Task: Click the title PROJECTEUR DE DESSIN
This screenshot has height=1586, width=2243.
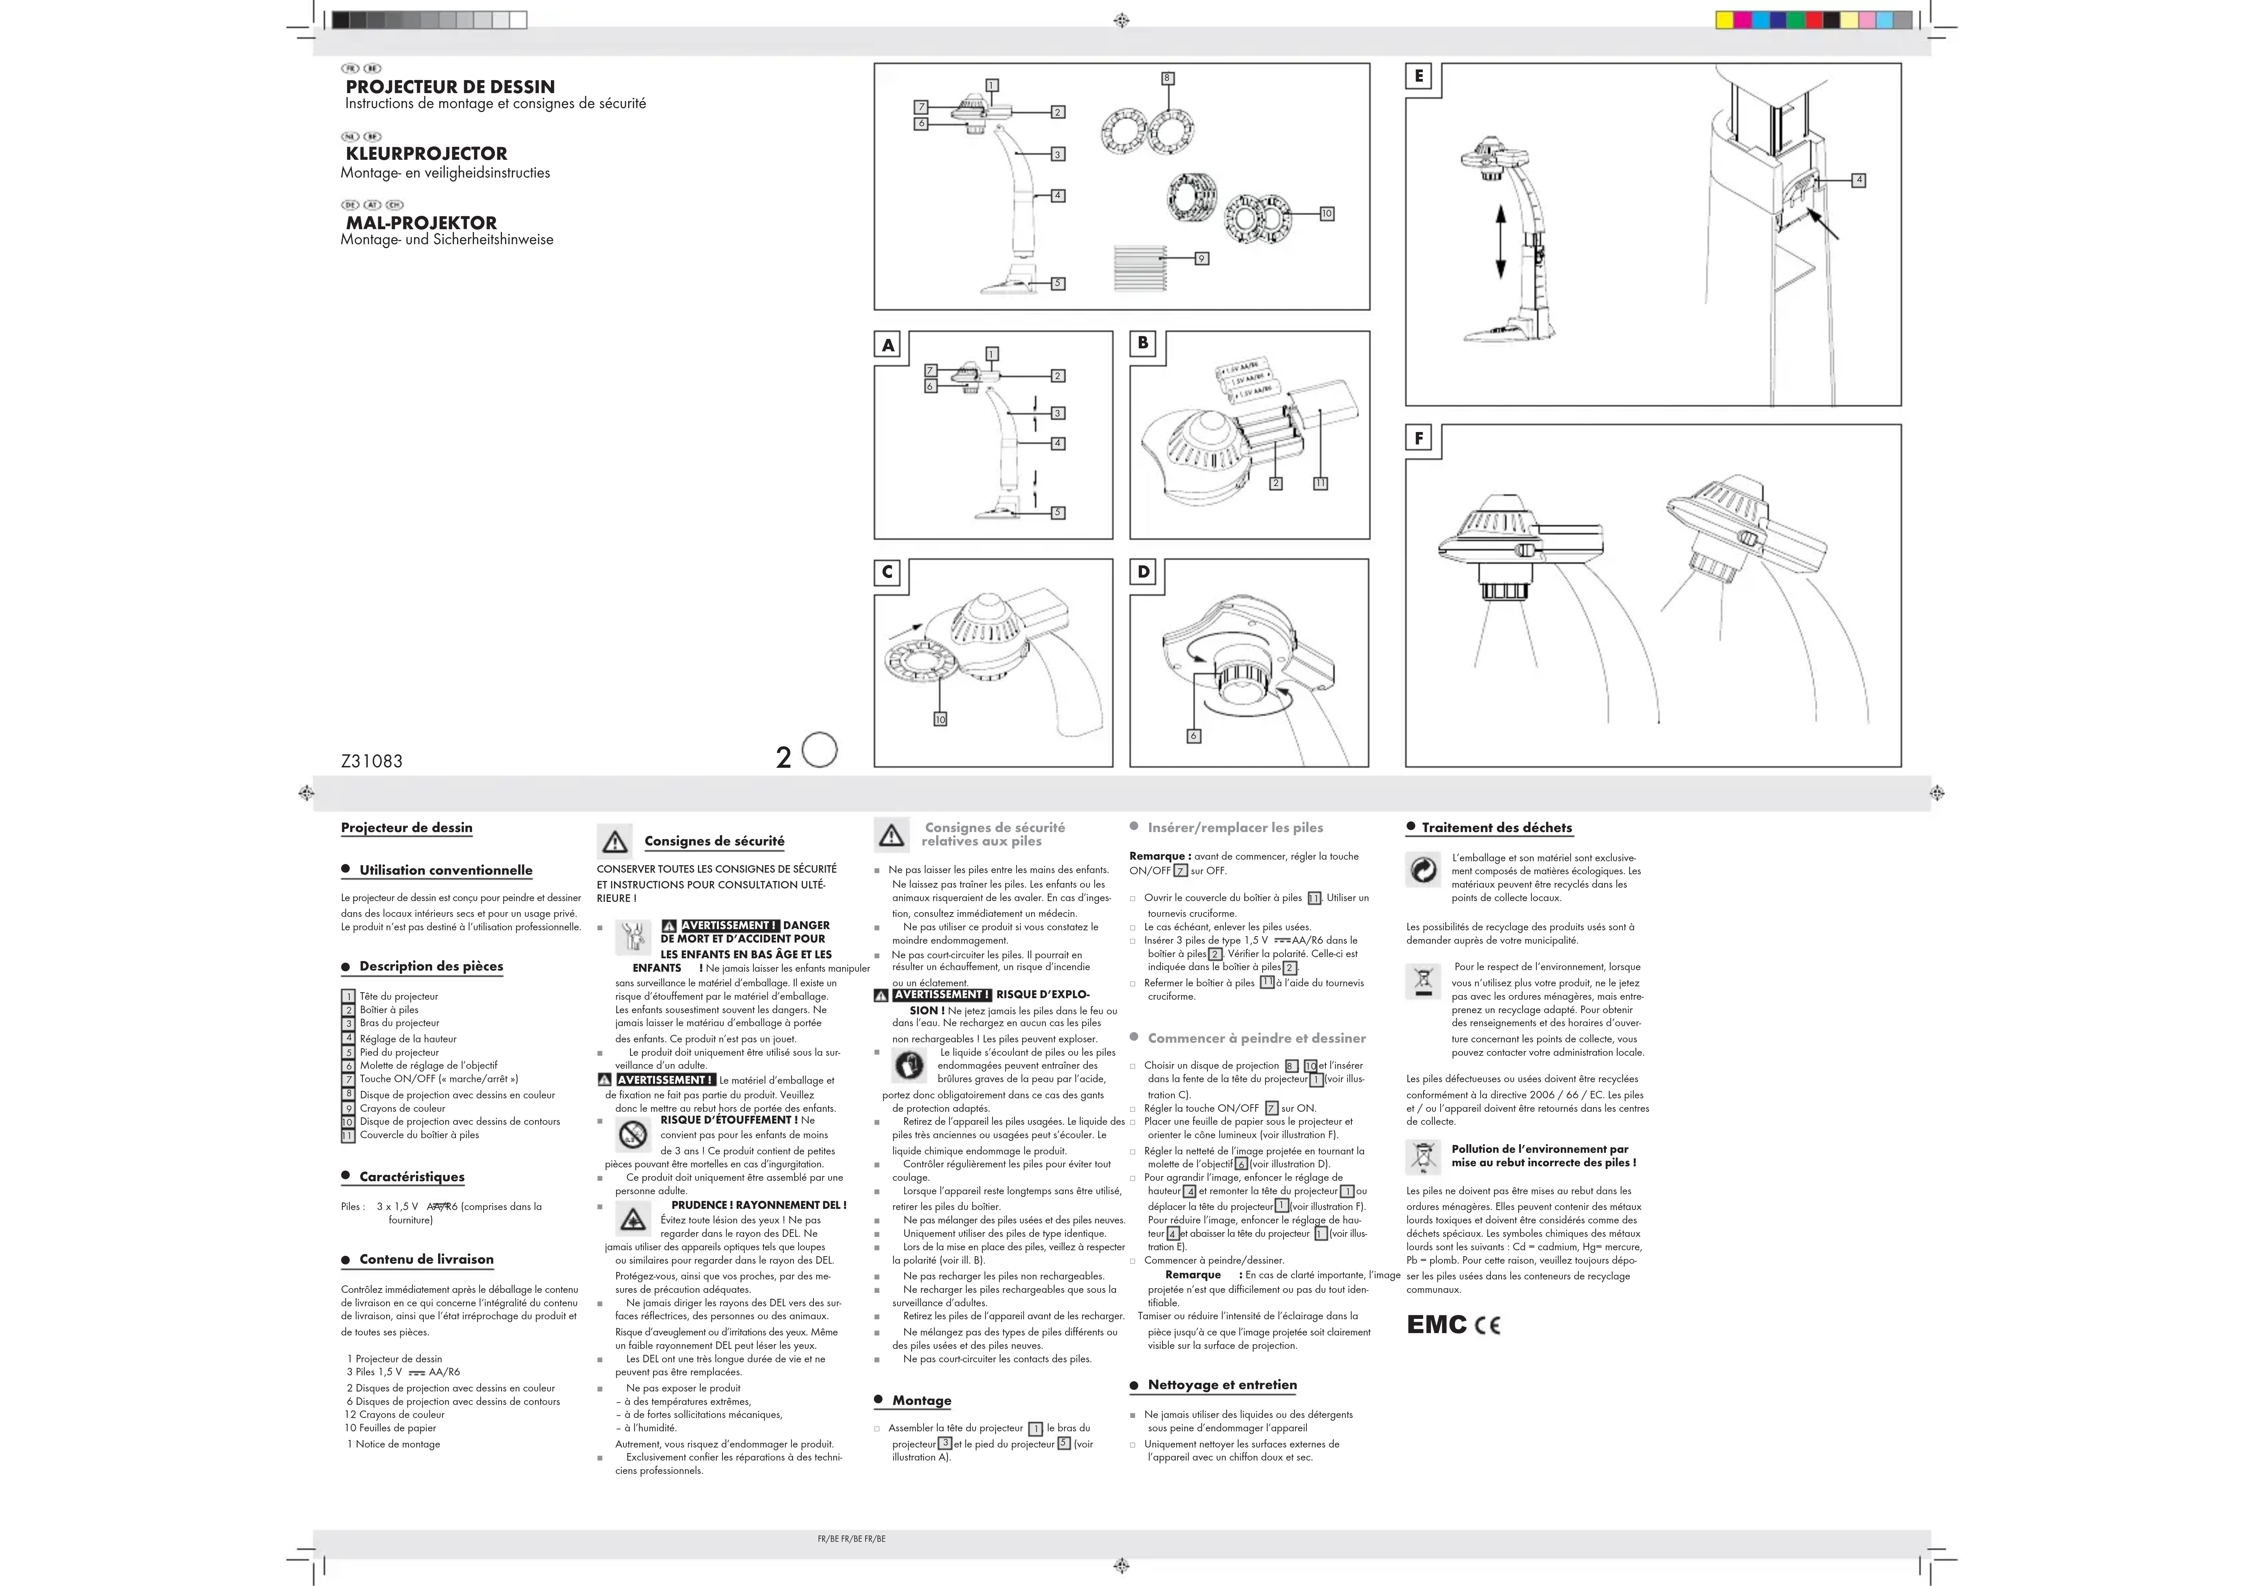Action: point(450,87)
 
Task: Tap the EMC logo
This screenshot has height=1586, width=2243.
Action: point(1436,1325)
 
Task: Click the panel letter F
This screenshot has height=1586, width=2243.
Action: point(1418,439)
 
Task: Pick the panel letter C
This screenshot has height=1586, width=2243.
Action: point(887,572)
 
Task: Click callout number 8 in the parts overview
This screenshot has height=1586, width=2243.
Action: point(1166,78)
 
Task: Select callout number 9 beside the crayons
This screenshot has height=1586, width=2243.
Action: point(1202,258)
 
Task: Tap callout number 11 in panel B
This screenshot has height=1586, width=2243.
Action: point(1320,483)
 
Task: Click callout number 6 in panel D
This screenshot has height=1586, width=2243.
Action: point(1193,736)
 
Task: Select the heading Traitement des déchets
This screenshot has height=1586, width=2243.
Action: point(1497,828)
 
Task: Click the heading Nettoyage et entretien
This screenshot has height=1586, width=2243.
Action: point(1222,1385)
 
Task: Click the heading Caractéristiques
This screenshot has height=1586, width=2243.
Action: point(411,1176)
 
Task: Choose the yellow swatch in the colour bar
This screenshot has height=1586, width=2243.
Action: point(1725,20)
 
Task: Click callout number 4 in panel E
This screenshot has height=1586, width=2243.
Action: point(1858,180)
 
